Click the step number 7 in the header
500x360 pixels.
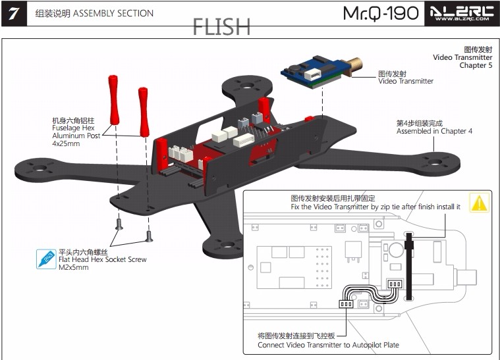[x=14, y=14]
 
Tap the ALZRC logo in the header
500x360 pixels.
[x=461, y=13]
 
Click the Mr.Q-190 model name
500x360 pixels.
[x=381, y=13]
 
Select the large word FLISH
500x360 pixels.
[x=221, y=27]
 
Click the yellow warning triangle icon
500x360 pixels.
[x=479, y=203]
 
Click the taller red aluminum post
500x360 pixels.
[x=113, y=98]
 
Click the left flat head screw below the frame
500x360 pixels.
[x=119, y=226]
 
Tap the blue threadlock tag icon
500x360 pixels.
[x=47, y=259]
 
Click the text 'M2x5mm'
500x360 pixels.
[x=74, y=267]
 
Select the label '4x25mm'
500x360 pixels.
[x=65, y=143]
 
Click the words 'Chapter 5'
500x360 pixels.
[x=476, y=65]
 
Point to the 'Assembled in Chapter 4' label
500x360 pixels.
[x=434, y=131]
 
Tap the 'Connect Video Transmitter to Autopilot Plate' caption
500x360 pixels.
[x=328, y=345]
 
